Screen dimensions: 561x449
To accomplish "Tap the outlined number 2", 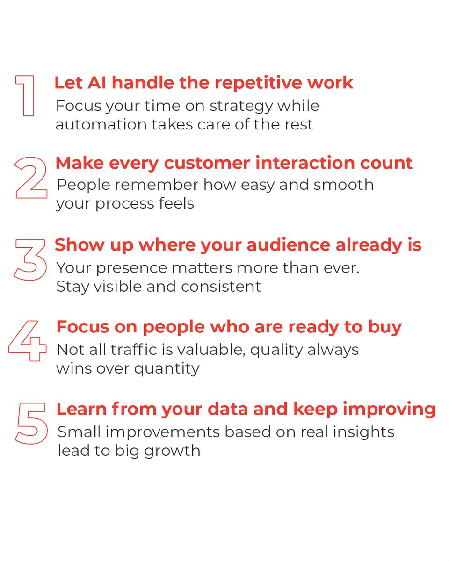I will coord(31,178).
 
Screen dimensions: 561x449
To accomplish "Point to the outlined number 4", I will coord(28,340).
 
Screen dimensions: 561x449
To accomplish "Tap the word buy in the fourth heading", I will coord(388,327).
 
